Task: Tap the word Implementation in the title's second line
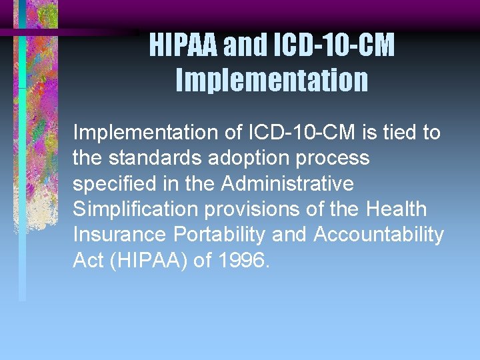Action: [272, 80]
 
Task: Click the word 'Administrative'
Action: [287, 183]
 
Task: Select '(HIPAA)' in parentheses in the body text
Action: [149, 259]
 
